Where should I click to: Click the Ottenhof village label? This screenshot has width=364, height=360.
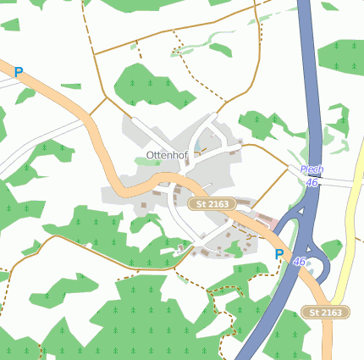166,156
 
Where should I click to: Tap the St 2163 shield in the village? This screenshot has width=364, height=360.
212,204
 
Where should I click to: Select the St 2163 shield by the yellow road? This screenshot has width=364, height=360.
326,313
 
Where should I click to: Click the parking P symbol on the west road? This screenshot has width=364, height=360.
19,74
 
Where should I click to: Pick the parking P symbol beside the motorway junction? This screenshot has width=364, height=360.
279,254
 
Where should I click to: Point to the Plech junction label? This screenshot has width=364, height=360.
312,169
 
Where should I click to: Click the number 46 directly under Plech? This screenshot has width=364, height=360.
312,182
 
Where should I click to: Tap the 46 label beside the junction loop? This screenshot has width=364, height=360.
300,263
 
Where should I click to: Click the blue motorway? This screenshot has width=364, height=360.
312,85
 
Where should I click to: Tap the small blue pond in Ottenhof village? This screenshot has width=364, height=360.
197,153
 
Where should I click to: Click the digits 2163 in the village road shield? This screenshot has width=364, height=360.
218,204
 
